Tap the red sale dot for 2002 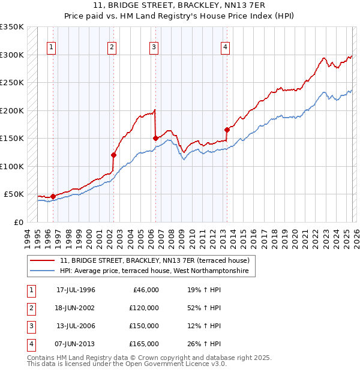[x=113, y=155]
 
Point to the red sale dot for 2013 [x=227, y=130]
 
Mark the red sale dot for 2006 [x=155, y=138]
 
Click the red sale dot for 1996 [x=53, y=196]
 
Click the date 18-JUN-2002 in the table [x=76, y=308]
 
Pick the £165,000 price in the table [x=143, y=344]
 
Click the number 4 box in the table [x=30, y=344]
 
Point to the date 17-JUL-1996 [x=76, y=290]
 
